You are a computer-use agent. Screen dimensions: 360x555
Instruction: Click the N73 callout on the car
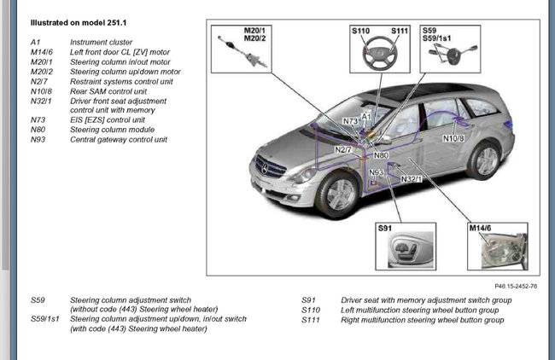(351, 122)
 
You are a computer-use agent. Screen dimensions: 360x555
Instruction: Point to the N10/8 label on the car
(453, 137)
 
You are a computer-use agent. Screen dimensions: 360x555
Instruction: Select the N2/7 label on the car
(344, 150)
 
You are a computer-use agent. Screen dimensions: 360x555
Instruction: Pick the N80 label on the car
(381, 156)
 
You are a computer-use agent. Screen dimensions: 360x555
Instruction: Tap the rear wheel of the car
(485, 160)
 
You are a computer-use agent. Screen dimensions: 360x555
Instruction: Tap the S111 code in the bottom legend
(312, 320)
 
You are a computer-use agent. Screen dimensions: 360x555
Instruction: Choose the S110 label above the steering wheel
(360, 32)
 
